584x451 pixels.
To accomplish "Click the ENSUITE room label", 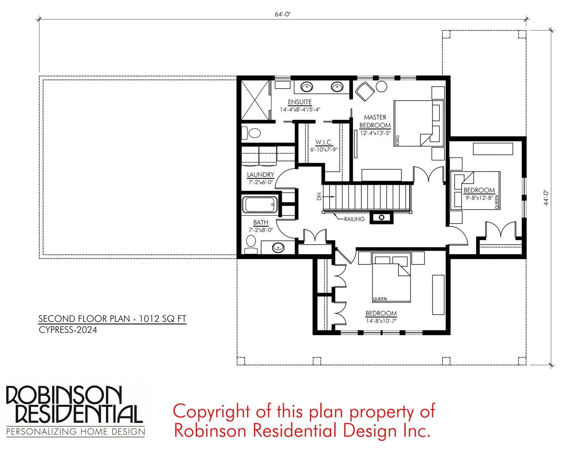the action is tap(300, 102).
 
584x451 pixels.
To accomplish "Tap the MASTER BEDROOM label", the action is tap(375, 122).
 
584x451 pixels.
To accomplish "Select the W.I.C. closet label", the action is tap(324, 142).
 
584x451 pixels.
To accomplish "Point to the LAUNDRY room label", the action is tap(260, 175).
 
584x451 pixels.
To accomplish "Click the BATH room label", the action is tap(261, 223).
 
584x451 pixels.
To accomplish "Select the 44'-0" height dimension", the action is tap(546, 198).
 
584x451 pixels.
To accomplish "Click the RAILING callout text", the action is tap(354, 219).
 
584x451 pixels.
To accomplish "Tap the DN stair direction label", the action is tap(319, 197).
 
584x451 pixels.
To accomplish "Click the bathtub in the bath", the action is tap(260, 205).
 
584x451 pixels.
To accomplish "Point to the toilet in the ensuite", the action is tap(251, 133).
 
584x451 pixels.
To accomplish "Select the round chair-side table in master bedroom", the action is tap(381, 87).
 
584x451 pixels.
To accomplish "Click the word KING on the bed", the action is tap(397, 140).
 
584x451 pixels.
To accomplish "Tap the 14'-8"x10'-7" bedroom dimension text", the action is tap(381, 321).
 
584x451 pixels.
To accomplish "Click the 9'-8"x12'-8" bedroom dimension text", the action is tap(479, 198).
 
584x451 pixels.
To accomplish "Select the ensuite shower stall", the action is tap(255, 100).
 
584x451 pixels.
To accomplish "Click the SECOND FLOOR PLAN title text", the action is tap(112, 319).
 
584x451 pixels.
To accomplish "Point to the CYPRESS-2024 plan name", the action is tap(68, 330).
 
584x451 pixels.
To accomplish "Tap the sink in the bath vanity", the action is tap(278, 247).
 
